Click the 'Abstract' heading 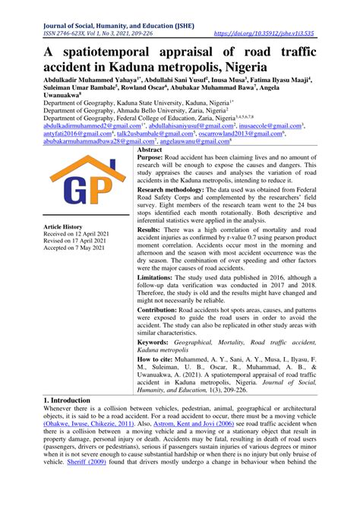[152, 151]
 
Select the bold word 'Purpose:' [155, 160]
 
